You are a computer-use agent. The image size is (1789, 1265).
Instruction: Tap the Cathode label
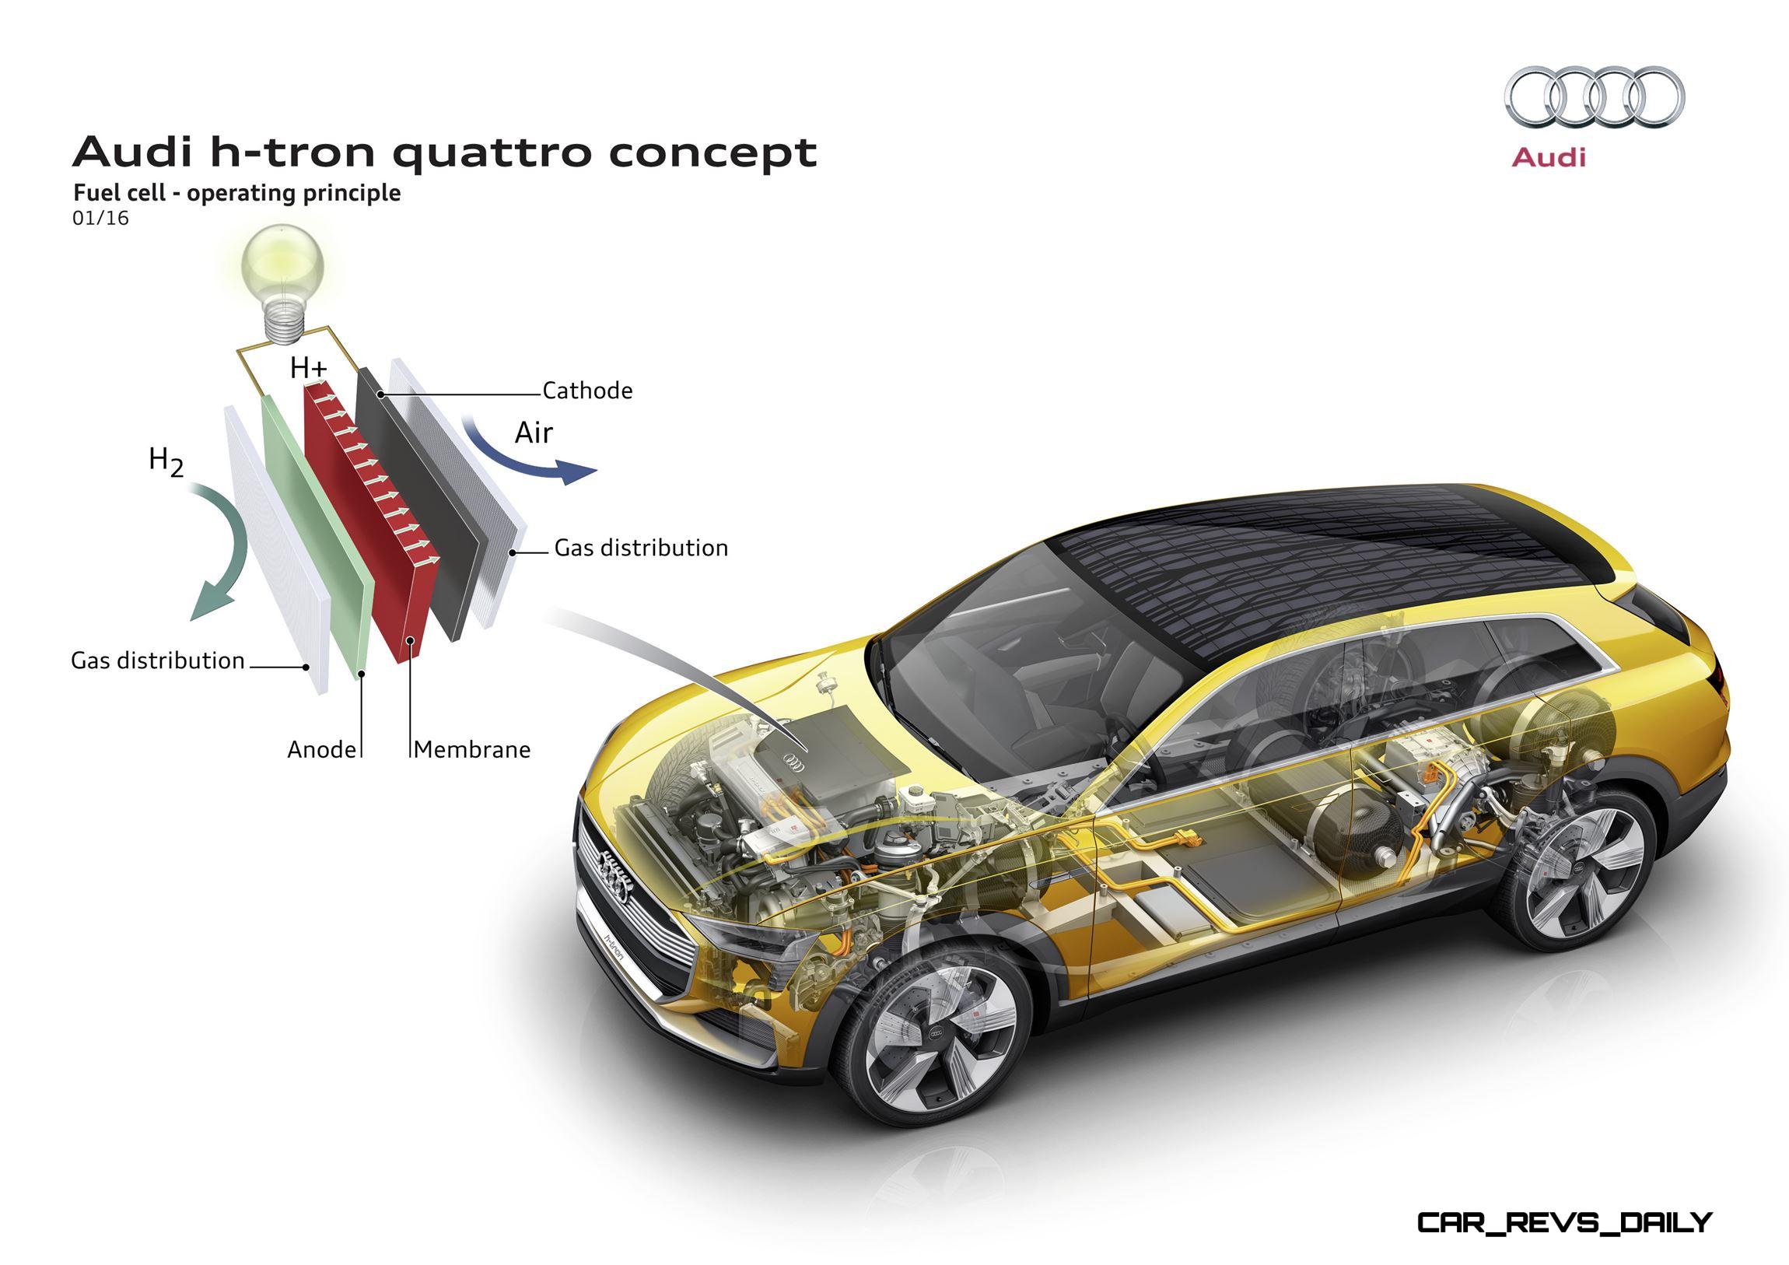point(587,391)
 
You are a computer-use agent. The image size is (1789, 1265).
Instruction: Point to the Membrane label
point(472,749)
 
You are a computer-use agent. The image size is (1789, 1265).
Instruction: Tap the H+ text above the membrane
point(309,367)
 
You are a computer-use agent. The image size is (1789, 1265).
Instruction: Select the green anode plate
point(316,538)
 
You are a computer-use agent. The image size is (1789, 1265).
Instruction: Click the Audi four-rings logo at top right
point(1594,96)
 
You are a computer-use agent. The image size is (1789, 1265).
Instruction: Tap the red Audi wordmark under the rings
point(1548,157)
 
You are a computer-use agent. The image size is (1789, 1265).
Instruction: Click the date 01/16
point(100,219)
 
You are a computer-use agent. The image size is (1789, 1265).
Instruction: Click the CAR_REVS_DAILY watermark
point(1564,1223)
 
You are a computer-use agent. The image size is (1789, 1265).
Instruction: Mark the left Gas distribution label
point(158,661)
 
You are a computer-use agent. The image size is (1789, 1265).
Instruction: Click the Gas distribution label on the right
point(641,548)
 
